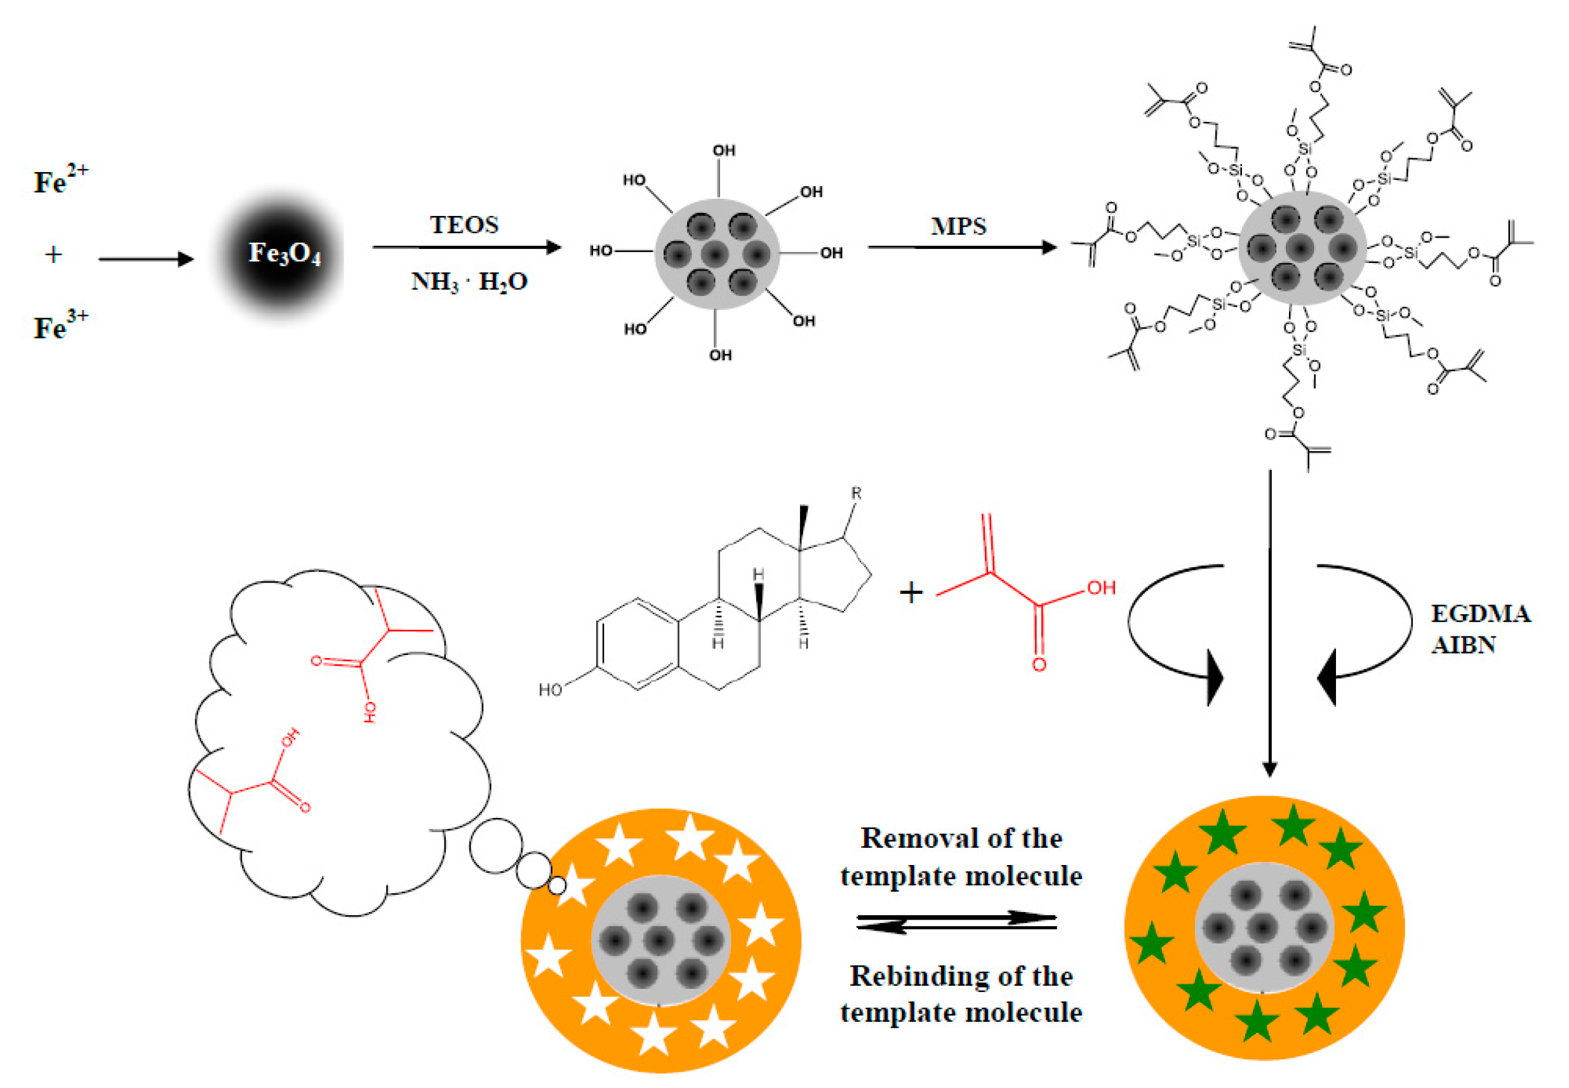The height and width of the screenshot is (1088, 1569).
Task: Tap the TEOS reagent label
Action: click(x=464, y=225)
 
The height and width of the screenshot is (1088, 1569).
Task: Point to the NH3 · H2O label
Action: click(x=469, y=281)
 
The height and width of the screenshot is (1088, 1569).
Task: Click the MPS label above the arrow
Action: click(x=958, y=226)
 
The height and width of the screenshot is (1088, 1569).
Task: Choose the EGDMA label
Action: click(x=1480, y=614)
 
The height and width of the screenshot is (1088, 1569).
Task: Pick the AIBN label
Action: click(x=1463, y=645)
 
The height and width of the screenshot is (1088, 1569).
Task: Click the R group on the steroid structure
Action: click(x=856, y=493)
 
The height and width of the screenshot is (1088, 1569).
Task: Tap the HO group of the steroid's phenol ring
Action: click(x=551, y=690)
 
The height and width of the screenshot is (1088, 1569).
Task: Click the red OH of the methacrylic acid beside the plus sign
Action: click(x=1101, y=588)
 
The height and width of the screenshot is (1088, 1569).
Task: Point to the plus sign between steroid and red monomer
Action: click(x=911, y=593)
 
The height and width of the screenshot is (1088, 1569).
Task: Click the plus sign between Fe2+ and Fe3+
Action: click(x=53, y=255)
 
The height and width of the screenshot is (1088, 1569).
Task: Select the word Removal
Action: click(x=905, y=838)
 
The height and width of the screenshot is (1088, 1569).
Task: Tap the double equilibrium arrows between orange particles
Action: click(x=956, y=922)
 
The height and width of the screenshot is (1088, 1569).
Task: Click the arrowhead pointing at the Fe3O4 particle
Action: click(x=185, y=259)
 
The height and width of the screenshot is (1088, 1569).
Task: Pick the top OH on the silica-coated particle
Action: click(x=724, y=151)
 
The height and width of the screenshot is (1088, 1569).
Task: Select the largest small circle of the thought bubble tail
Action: click(x=495, y=846)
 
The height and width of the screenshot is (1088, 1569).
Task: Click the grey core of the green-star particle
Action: click(x=1264, y=927)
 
